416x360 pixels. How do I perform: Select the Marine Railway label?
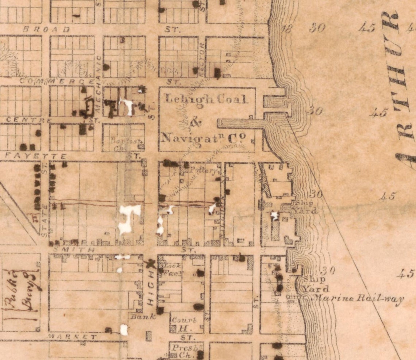pos(358,298)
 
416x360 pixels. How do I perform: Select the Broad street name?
pos(51,30)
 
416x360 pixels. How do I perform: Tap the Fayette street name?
pos(36,156)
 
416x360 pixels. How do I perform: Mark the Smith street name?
pos(74,250)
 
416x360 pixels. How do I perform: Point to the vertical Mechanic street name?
pos(98,71)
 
